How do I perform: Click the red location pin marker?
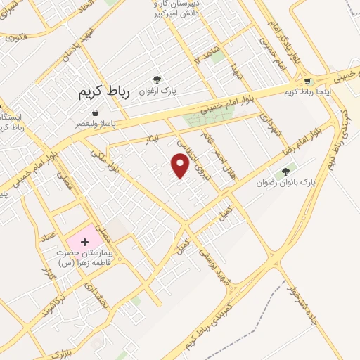point(181,166)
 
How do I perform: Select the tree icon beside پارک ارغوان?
point(156,79)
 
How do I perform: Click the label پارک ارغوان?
point(157,91)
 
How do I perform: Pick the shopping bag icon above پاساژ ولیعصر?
point(95,112)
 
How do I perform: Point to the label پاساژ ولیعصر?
point(96,123)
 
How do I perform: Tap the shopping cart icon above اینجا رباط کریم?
point(307,82)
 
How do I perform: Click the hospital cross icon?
point(86,242)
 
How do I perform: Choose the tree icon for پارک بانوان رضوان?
point(285,171)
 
